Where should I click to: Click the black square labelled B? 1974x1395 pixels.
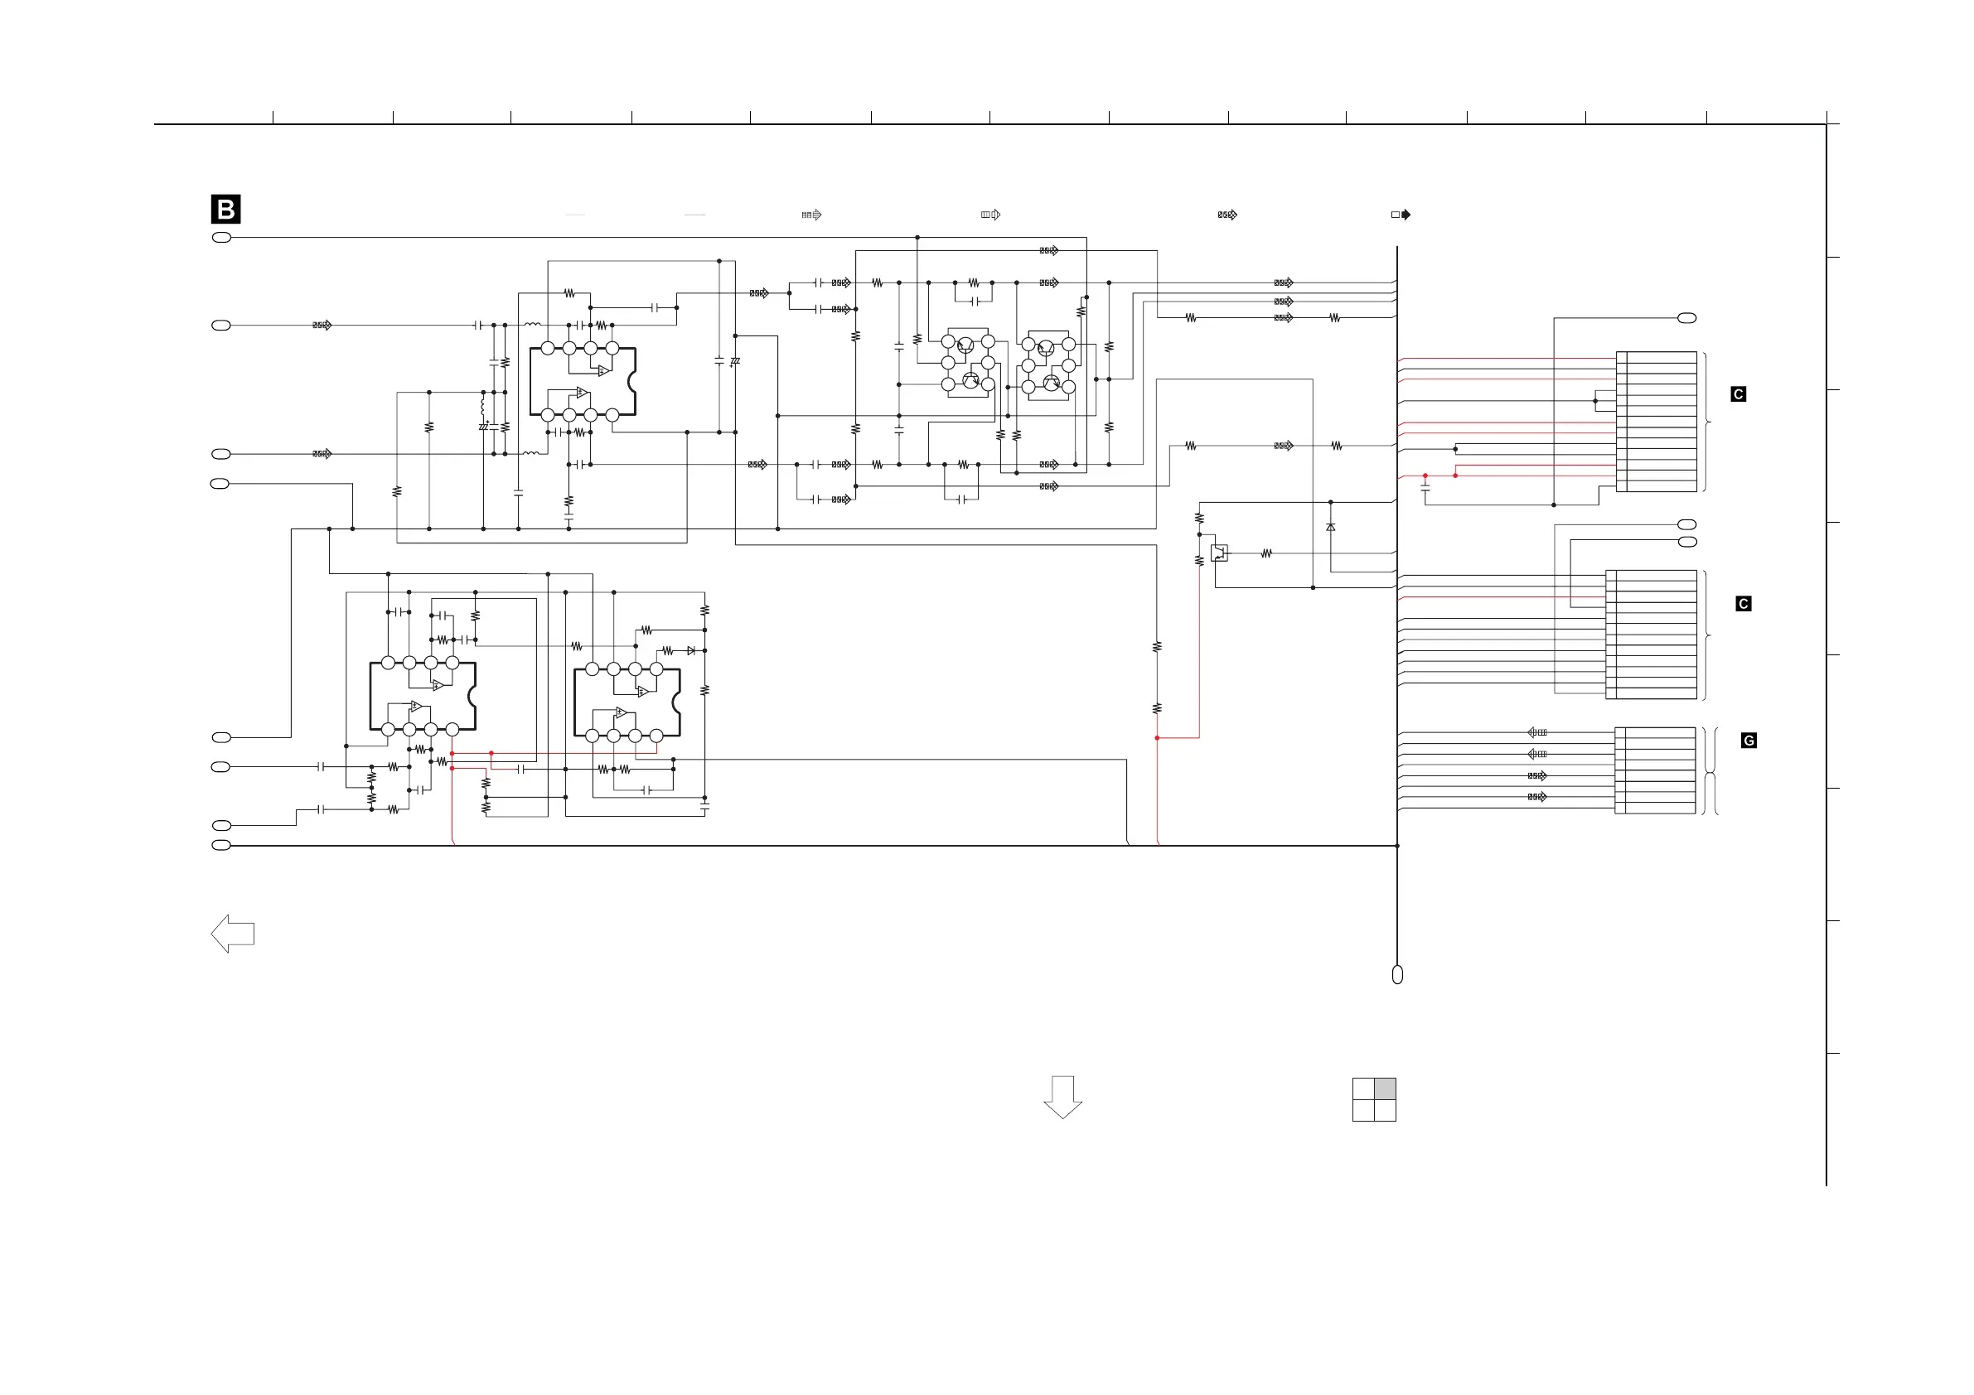(225, 209)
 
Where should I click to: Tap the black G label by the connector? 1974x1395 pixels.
(1748, 740)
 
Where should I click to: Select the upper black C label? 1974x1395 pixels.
(1738, 393)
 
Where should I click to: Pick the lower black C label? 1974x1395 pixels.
(1743, 603)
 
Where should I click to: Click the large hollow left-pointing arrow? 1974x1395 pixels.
(232, 934)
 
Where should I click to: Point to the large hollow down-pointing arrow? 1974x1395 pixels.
(1062, 1096)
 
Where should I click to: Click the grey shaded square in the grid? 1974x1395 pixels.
(1384, 1088)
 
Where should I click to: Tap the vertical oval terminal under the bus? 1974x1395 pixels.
(1397, 974)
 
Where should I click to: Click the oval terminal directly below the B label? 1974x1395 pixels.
(221, 237)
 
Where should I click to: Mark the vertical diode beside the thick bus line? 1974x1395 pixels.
(1330, 527)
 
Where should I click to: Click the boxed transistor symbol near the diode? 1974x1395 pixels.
(1219, 553)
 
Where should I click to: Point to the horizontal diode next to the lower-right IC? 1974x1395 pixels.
(690, 650)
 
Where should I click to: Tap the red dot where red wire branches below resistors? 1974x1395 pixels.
(1157, 737)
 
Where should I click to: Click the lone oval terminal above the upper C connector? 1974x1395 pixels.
(1686, 318)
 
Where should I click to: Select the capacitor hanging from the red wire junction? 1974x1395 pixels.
(1425, 488)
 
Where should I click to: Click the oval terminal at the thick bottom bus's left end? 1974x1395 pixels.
(221, 845)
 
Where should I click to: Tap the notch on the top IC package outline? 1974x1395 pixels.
(633, 381)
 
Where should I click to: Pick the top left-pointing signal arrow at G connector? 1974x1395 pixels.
(1536, 732)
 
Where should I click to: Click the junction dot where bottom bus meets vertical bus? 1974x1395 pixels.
(1397, 846)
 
